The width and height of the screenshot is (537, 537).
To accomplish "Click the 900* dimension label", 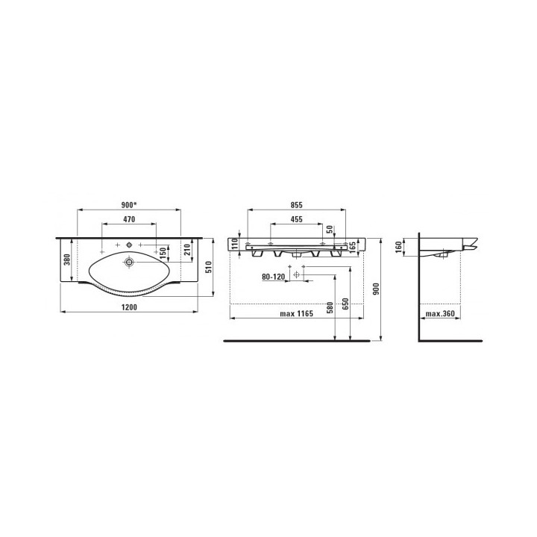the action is pyautogui.click(x=129, y=205).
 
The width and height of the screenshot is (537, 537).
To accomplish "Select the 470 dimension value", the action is pyautogui.click(x=129, y=219).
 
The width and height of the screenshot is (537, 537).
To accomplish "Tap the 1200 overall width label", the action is pyautogui.click(x=129, y=307).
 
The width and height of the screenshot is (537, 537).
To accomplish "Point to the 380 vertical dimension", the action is pyautogui.click(x=67, y=260).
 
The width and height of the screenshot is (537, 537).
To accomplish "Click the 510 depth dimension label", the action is pyautogui.click(x=209, y=267).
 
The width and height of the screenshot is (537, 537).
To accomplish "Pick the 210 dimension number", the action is pyautogui.click(x=187, y=251).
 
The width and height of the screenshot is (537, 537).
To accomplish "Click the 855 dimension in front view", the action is pyautogui.click(x=297, y=205).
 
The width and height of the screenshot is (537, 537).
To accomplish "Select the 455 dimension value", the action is pyautogui.click(x=297, y=219).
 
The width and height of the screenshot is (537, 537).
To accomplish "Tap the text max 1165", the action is pyautogui.click(x=297, y=314).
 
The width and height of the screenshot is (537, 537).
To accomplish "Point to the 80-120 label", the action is pyautogui.click(x=273, y=277).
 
